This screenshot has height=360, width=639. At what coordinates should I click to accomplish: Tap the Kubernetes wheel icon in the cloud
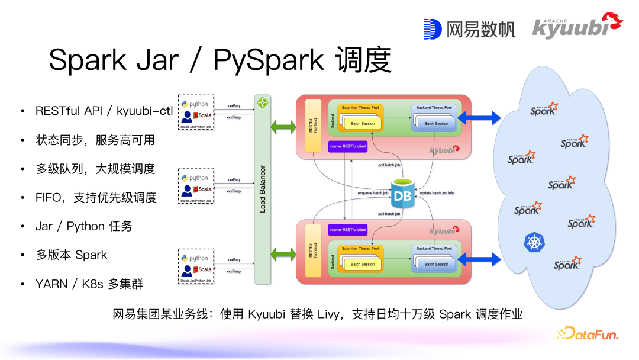532,242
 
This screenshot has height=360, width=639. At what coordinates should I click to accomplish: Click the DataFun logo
588,334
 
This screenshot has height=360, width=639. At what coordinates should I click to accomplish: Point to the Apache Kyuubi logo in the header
577,26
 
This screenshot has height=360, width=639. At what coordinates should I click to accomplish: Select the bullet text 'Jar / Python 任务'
84,226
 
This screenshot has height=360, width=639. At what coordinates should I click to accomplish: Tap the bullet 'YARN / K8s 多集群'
89,284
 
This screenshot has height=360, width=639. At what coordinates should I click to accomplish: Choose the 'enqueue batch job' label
373,193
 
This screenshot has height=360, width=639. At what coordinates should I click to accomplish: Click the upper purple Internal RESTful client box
347,145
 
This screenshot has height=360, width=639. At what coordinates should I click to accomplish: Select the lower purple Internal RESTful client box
347,229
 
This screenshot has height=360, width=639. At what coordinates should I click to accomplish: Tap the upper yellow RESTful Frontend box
312,126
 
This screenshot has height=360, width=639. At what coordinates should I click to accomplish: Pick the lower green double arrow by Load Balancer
282,255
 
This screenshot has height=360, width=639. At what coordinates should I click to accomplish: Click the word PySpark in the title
268,60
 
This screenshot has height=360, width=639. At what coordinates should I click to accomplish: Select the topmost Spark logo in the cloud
543,109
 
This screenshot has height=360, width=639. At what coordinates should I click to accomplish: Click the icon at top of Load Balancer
262,103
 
